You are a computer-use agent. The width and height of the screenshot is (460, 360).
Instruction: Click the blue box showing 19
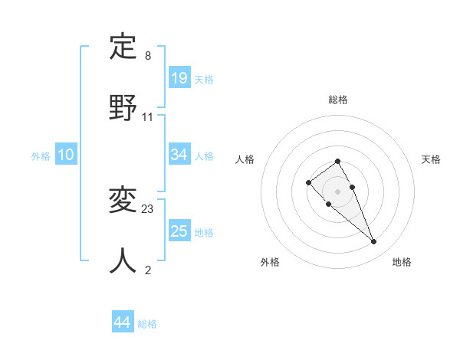(179, 78)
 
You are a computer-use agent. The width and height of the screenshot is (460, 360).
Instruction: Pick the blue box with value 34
(179, 155)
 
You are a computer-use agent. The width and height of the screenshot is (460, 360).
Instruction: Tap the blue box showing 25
(179, 231)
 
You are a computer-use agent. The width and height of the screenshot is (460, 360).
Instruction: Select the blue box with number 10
(66, 155)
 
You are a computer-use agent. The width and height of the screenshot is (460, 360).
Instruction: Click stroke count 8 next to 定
(148, 56)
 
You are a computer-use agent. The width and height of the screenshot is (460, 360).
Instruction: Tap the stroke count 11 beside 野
(148, 117)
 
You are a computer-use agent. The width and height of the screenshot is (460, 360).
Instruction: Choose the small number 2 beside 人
(148, 270)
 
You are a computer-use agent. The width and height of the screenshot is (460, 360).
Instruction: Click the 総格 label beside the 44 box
(147, 324)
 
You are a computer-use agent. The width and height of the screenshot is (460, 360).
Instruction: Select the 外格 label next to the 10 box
(41, 156)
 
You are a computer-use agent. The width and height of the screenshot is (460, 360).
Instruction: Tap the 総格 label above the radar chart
(338, 100)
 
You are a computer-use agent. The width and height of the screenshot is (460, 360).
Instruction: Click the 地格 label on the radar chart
(402, 263)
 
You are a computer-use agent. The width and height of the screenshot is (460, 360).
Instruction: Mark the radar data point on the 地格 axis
(374, 242)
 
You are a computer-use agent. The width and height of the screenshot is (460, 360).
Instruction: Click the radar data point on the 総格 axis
(338, 161)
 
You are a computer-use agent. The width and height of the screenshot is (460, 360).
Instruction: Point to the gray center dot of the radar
(338, 191)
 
